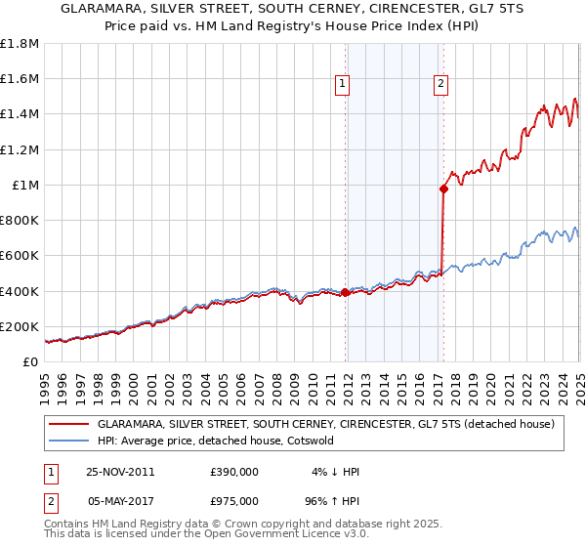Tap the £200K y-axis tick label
tap(20, 326)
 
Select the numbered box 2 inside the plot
tap(441, 85)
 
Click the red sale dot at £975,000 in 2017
tap(443, 189)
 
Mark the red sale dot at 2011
tap(346, 292)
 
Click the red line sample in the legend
tap(68, 424)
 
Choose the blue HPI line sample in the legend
tap(68, 441)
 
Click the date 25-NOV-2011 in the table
tap(120, 472)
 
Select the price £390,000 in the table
tap(233, 472)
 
